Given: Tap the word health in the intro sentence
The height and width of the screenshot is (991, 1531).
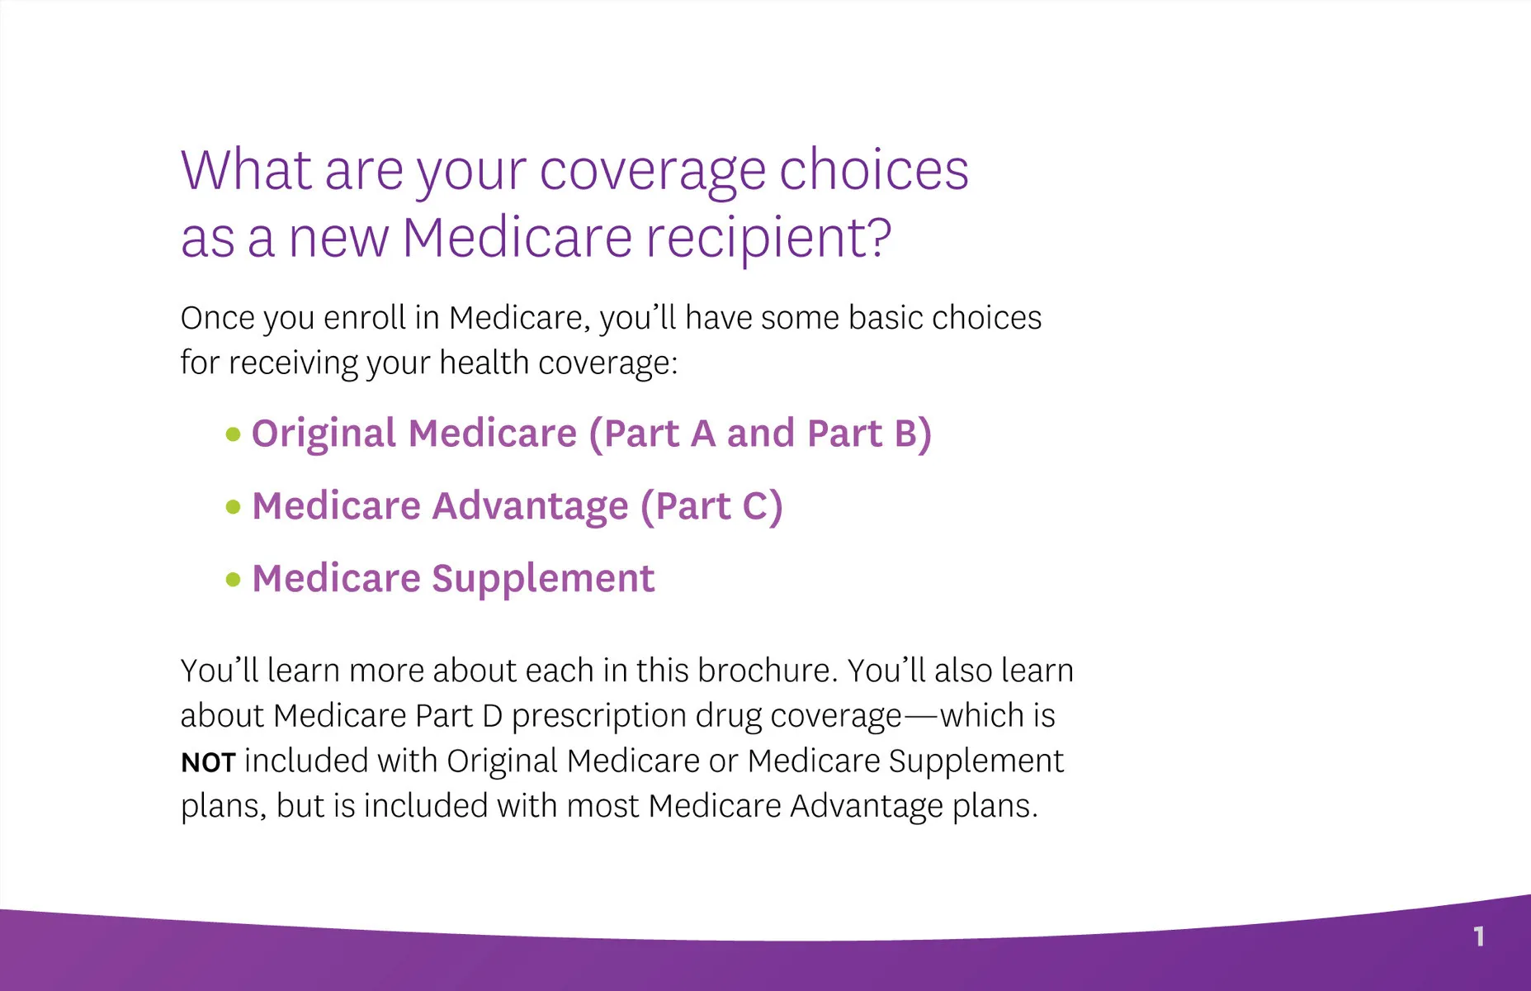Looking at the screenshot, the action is pyautogui.click(x=484, y=363).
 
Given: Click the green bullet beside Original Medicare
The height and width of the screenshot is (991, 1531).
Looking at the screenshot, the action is pyautogui.click(x=234, y=434).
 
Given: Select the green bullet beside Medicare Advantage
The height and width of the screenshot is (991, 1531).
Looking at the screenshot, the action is pyautogui.click(x=234, y=507).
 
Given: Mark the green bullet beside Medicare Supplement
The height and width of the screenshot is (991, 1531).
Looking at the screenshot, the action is pyautogui.click(x=234, y=580).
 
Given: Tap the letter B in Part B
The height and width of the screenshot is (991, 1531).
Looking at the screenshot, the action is pyautogui.click(x=906, y=434).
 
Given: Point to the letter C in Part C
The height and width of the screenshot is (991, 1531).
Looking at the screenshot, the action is pyautogui.click(x=756, y=506).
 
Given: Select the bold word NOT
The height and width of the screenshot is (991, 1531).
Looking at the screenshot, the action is pyautogui.click(x=208, y=762).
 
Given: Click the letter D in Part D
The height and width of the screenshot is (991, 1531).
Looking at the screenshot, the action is pyautogui.click(x=492, y=716).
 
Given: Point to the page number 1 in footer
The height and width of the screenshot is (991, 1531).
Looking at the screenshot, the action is pyautogui.click(x=1479, y=936).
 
